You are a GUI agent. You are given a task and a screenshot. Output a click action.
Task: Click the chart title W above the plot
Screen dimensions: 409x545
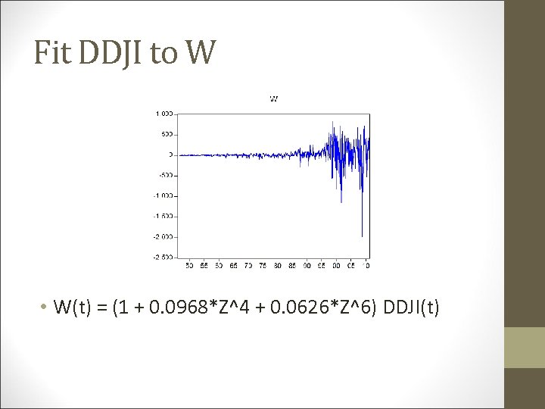click(274, 98)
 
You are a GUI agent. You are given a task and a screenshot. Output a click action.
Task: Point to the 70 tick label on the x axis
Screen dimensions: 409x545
click(248, 266)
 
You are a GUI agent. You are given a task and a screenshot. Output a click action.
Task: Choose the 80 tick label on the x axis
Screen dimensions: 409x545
click(277, 266)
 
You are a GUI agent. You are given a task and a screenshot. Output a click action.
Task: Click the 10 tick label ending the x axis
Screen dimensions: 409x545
click(366, 266)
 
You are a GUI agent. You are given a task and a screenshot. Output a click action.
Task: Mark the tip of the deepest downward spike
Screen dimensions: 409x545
click(362, 236)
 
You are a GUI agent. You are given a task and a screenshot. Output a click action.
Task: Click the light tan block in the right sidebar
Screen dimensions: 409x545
click(525, 348)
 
